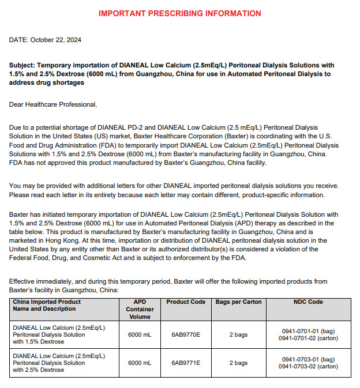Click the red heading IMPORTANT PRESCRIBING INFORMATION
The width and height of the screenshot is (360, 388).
179,13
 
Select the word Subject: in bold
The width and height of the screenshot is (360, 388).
23,66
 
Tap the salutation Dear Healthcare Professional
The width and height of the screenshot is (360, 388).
53,104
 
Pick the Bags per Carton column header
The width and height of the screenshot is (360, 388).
238,302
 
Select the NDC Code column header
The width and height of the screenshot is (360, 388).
308,302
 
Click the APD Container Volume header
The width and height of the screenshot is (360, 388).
140,309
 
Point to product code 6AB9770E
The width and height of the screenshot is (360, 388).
186,334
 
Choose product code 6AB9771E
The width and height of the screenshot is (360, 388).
186,363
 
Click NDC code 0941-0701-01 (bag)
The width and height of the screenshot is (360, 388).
308,331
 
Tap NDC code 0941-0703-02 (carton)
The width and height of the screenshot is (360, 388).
308,367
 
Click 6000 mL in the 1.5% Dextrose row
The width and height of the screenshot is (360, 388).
140,334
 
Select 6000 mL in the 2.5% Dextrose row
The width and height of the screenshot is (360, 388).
140,363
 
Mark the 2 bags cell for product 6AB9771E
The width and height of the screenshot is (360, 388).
238,363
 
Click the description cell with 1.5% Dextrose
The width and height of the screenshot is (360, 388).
59,334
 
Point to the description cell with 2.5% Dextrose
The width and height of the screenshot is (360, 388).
59,363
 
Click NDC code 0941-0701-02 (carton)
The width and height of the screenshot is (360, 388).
308,338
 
